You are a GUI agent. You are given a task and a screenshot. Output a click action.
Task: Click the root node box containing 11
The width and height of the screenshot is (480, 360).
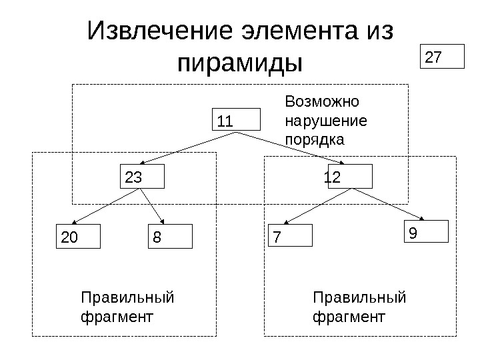pyautogui.click(x=236, y=121)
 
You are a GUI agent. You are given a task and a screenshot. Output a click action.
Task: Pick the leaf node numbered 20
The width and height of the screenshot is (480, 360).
pyautogui.click(x=77, y=236)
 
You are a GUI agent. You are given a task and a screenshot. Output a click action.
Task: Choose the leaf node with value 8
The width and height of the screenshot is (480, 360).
pyautogui.click(x=169, y=236)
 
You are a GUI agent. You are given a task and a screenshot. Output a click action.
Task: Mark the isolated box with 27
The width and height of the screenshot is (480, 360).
pyautogui.click(x=443, y=57)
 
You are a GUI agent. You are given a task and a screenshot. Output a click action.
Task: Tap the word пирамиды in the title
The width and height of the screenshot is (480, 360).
pyautogui.click(x=241, y=65)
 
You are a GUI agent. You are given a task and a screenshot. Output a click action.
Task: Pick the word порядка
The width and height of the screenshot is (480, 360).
pyautogui.click(x=315, y=140)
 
